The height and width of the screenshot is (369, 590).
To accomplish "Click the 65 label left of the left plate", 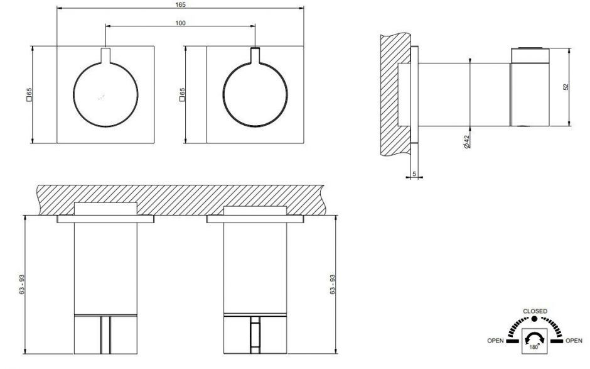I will [29, 94].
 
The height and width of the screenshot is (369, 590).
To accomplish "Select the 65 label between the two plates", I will [183, 94].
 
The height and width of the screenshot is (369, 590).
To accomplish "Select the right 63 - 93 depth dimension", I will [333, 285].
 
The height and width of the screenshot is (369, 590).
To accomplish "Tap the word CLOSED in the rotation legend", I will [535, 311].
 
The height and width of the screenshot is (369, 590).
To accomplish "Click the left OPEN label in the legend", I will [496, 341].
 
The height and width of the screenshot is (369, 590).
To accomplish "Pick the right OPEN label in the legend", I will [573, 341].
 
